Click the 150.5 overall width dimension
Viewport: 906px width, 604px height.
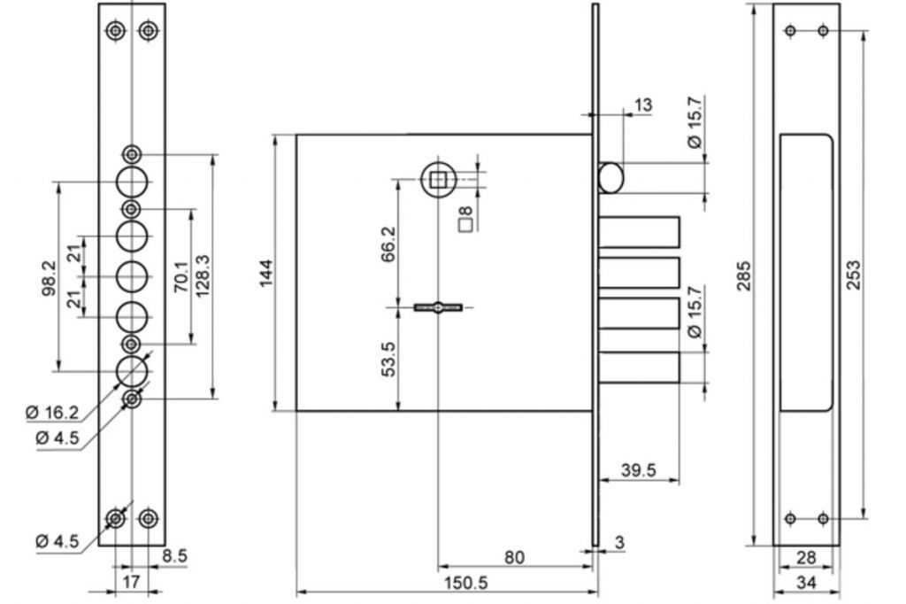pyautogui.click(x=465, y=583)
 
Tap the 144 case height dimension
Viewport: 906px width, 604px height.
pyautogui.click(x=265, y=273)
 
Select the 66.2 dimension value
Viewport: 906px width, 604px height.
pyautogui.click(x=389, y=244)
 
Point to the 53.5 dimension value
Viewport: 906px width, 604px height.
pyautogui.click(x=389, y=360)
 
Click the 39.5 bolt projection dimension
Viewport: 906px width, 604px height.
pyautogui.click(x=639, y=469)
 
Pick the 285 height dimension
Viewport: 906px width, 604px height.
pyautogui.click(x=744, y=276)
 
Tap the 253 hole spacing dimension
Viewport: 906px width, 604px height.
pyautogui.click(x=854, y=275)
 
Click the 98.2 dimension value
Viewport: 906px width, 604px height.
pyautogui.click(x=49, y=278)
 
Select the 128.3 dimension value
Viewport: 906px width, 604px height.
pyautogui.click(x=203, y=276)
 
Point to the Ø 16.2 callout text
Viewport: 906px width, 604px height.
pyautogui.click(x=52, y=412)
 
